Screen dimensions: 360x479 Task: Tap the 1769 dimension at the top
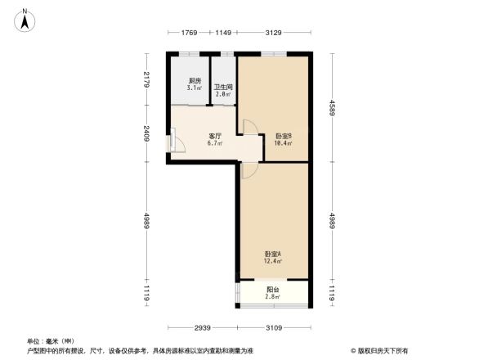click(x=189, y=33)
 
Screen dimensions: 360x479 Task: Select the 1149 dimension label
click(x=223, y=33)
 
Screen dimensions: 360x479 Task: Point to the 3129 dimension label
click(x=273, y=33)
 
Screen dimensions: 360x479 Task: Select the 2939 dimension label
click(x=204, y=327)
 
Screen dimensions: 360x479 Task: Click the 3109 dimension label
click(x=273, y=327)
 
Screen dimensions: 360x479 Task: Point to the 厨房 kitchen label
click(x=195, y=81)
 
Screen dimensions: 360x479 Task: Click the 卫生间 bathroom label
click(x=223, y=88)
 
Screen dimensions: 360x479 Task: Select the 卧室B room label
click(x=284, y=136)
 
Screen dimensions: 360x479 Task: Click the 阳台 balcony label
click(x=273, y=289)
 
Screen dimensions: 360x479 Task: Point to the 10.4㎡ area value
click(x=284, y=143)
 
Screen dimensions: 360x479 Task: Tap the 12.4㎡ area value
click(x=273, y=262)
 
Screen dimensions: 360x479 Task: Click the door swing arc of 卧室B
click(x=252, y=128)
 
